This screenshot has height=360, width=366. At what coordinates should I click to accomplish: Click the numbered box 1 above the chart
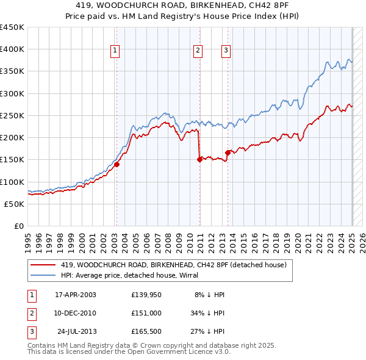[x=115, y=51]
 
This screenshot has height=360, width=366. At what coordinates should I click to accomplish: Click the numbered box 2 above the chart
[x=198, y=51]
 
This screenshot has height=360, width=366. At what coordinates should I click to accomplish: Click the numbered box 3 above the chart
[x=226, y=51]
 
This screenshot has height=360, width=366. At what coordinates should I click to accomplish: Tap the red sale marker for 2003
[x=117, y=164]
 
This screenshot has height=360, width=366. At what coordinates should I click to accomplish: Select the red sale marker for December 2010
[x=199, y=159]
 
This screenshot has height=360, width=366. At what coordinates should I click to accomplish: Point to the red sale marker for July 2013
[x=228, y=153]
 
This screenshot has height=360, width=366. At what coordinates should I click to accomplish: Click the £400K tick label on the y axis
[x=12, y=49]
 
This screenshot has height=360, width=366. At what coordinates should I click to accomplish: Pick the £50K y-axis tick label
[x=15, y=204]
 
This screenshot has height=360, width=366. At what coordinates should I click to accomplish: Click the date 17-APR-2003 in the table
[x=76, y=294]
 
